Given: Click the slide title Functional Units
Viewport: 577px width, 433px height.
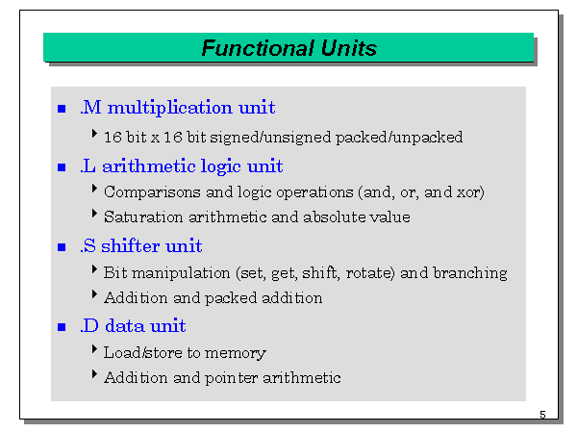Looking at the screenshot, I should point(288,48).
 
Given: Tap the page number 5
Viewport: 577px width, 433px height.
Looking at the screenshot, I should point(542,415).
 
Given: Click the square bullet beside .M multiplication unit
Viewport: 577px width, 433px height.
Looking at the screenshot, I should point(63,108).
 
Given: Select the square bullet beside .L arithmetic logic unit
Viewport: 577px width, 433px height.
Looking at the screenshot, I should point(63,167).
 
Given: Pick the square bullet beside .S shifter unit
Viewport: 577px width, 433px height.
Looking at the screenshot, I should point(63,247).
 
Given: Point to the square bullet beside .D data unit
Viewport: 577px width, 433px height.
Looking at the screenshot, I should point(63,327).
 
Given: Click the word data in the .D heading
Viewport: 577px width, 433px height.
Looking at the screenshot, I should point(125,326).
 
